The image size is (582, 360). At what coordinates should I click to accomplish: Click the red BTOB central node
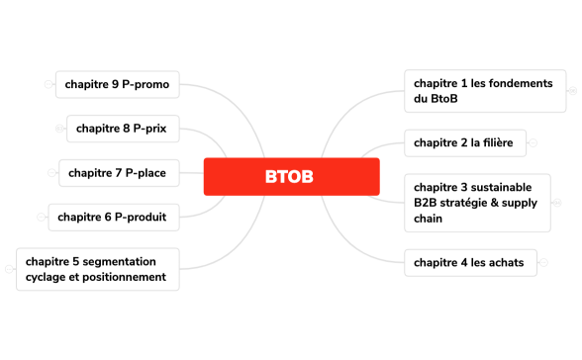point(291,177)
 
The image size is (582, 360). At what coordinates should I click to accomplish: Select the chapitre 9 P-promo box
point(117,85)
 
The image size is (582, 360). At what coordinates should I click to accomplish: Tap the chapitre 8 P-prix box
point(123,129)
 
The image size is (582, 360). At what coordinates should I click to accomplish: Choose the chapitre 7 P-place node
point(118,173)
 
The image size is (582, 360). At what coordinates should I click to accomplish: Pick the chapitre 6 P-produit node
point(112,217)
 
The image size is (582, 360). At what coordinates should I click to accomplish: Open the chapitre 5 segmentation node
point(97,269)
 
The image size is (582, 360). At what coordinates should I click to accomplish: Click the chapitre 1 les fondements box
point(483,91)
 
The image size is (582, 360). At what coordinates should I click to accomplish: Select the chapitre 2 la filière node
point(463,142)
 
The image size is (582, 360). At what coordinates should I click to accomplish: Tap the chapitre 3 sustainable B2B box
point(477,202)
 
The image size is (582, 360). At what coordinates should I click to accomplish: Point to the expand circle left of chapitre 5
point(9,269)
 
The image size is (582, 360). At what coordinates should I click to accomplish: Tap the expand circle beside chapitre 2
point(533,142)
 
